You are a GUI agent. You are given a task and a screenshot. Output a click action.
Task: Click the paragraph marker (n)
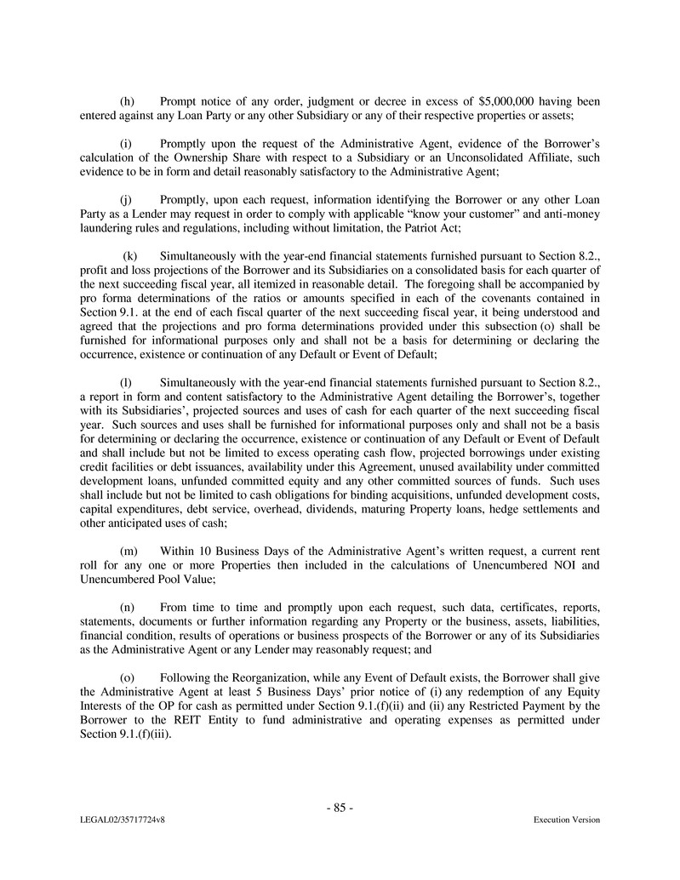point(126,609)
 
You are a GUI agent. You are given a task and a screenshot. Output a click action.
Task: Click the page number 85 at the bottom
point(340,809)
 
